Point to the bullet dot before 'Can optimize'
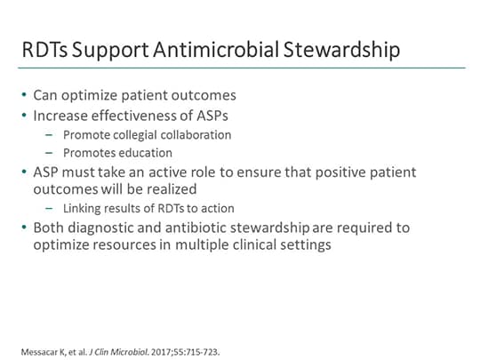click(x=25, y=94)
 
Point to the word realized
click(x=195, y=189)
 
